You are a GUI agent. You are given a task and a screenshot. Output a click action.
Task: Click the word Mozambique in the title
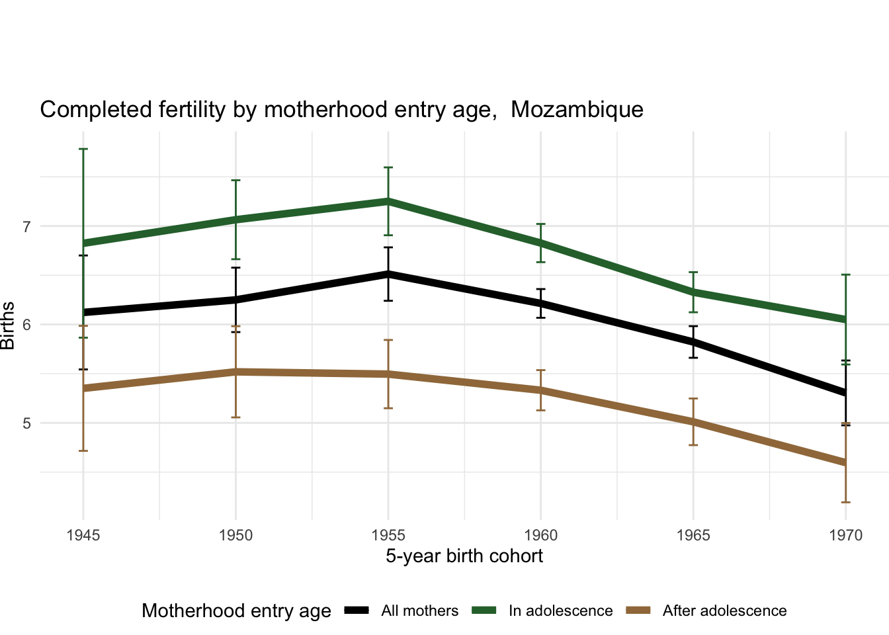577,109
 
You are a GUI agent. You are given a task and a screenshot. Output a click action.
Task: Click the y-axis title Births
8,325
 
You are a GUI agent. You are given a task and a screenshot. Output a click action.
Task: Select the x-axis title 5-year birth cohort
464,556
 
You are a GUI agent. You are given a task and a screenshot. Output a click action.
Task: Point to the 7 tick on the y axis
27,227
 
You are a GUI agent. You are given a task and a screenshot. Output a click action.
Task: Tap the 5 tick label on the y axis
27,423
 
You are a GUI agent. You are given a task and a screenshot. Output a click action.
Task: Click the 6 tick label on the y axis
27,325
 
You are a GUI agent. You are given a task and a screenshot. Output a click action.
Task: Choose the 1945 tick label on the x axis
83,535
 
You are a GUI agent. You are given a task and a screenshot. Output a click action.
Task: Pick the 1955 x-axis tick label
388,535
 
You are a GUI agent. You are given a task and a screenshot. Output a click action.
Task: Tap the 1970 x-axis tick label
846,535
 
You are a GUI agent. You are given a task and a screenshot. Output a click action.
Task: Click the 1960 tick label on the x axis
540,535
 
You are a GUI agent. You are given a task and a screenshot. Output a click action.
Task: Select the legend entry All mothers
419,611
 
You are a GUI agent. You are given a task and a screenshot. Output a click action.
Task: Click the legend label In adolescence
560,611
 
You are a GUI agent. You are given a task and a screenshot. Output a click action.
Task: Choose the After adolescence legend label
724,611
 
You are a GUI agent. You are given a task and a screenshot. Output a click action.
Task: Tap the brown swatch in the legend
638,611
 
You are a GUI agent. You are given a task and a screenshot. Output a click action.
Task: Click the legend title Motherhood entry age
236,611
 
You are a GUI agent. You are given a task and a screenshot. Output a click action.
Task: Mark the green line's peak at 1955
388,201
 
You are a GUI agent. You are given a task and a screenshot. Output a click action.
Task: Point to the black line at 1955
388,273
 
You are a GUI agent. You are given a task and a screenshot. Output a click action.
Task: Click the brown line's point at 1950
236,372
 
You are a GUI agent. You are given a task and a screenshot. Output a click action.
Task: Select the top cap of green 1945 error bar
83,149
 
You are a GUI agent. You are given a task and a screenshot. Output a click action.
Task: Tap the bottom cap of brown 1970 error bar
846,502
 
